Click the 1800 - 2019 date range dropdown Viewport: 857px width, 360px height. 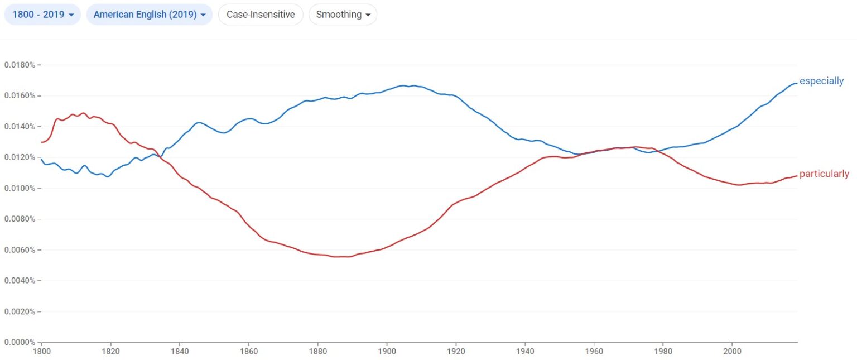coord(42,15)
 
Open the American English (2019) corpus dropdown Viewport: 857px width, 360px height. coord(149,15)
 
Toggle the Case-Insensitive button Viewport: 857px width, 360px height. coord(261,15)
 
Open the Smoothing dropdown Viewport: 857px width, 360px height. coord(343,15)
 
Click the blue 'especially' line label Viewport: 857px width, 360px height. coord(821,81)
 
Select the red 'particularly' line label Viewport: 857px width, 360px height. coord(824,174)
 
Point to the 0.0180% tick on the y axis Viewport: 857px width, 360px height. coord(20,65)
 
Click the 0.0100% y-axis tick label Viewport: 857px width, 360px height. coord(20,188)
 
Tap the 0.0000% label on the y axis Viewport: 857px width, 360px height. coord(20,342)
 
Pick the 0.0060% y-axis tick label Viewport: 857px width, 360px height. coord(20,250)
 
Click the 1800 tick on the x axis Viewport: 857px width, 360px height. coord(42,352)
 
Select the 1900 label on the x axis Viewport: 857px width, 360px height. coord(387,352)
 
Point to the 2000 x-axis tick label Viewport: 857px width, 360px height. coord(732,352)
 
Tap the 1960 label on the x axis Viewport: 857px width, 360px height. coord(594,352)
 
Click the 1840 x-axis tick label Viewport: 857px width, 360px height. coord(180,352)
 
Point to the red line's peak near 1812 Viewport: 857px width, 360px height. coord(83,113)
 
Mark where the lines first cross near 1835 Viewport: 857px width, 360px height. coord(161,157)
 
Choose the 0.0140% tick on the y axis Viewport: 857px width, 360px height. coord(20,127)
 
